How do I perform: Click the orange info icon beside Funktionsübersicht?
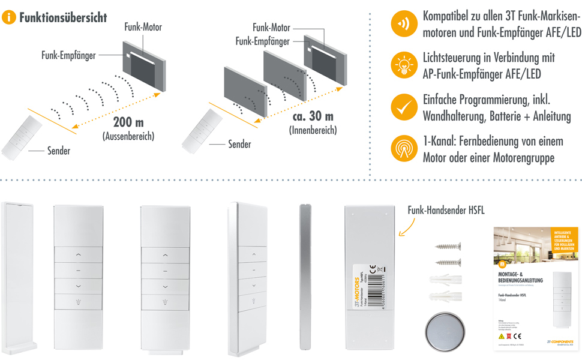pyautogui.click(x=9, y=17)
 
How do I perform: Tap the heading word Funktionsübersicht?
pyautogui.click(x=63, y=17)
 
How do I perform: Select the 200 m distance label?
pyautogui.click(x=127, y=122)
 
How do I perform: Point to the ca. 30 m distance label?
pyautogui.click(x=313, y=116)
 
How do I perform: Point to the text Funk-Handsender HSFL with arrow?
pyautogui.click(x=446, y=211)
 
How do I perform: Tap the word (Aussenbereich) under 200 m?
pyautogui.click(x=127, y=137)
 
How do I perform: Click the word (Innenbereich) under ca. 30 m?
pyautogui.click(x=313, y=130)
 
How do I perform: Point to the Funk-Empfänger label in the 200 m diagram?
pyautogui.click(x=70, y=56)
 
